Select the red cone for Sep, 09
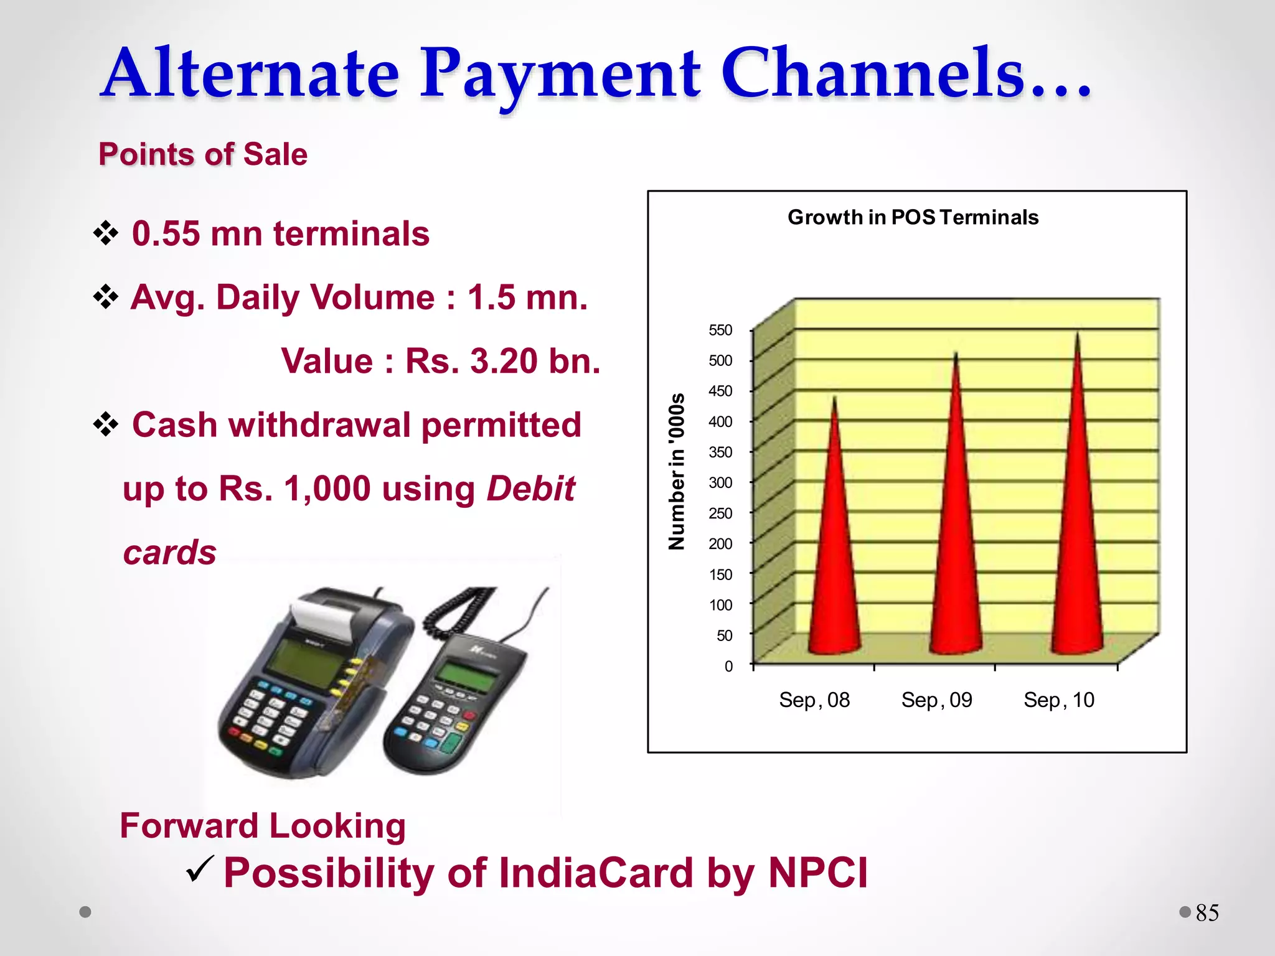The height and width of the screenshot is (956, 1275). (x=956, y=529)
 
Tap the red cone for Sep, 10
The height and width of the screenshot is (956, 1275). (x=1077, y=517)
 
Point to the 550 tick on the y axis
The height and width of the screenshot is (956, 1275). (x=720, y=330)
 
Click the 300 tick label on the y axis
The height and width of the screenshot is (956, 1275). (x=720, y=482)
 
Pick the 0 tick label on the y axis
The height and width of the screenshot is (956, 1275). (x=728, y=667)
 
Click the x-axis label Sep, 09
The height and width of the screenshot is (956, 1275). (x=936, y=700)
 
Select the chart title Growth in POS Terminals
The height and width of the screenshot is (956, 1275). (x=913, y=217)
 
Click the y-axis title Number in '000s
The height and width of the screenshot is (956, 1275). (x=677, y=471)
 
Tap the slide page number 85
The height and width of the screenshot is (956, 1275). (x=1207, y=913)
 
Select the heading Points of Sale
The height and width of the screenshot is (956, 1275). (x=203, y=154)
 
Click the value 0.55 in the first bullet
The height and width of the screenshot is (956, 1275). (x=166, y=234)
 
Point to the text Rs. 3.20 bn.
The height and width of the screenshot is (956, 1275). (x=502, y=361)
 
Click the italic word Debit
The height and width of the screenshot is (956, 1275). (x=530, y=489)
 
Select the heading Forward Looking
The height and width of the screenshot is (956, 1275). (x=263, y=826)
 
